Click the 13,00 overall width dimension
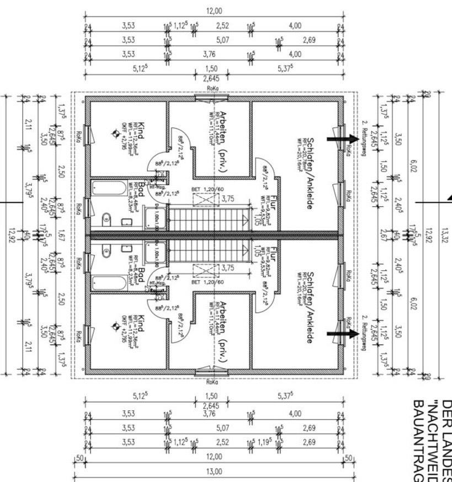coord(214,472)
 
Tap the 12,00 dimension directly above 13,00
coord(214,457)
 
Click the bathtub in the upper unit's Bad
coord(109,189)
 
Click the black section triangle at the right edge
coord(449,196)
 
